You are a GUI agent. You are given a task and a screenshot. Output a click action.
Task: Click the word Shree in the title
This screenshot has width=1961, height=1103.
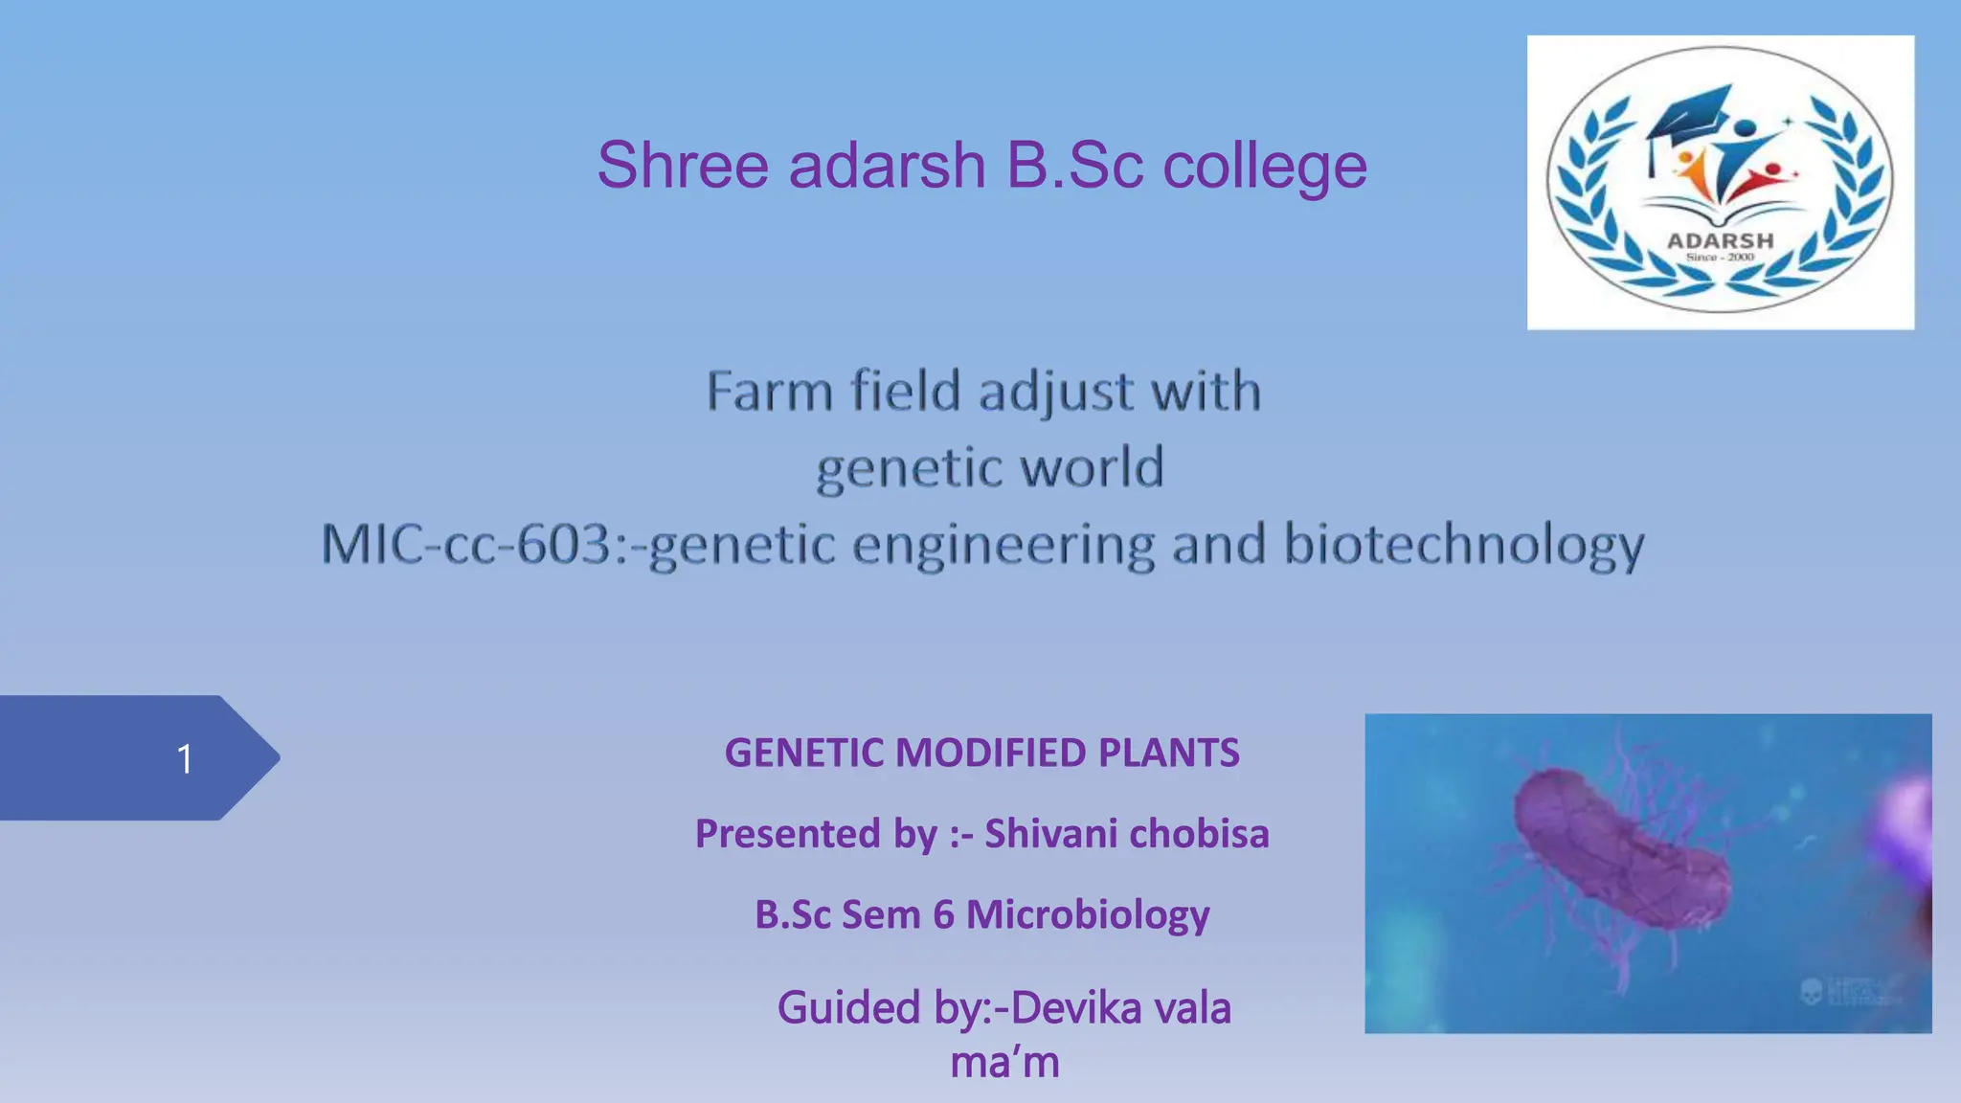point(682,165)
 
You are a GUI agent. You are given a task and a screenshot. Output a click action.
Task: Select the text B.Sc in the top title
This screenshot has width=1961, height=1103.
point(1074,165)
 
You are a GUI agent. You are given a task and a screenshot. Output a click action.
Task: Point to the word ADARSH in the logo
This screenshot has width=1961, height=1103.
point(1721,240)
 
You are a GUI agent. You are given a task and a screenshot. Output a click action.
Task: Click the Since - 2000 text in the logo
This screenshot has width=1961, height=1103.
point(1721,258)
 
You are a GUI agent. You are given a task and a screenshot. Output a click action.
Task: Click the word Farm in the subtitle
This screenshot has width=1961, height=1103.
point(769,392)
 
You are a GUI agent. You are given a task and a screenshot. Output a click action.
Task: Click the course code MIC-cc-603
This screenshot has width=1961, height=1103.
point(465,544)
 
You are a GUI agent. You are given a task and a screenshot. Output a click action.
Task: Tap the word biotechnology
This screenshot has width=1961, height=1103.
point(1463,546)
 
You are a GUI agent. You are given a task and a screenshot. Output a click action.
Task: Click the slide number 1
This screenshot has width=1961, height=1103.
point(185,759)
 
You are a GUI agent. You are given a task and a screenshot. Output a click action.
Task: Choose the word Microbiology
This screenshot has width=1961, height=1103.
point(1087,914)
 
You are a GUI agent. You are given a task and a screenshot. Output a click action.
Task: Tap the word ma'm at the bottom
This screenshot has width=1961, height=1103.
point(1004,1062)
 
